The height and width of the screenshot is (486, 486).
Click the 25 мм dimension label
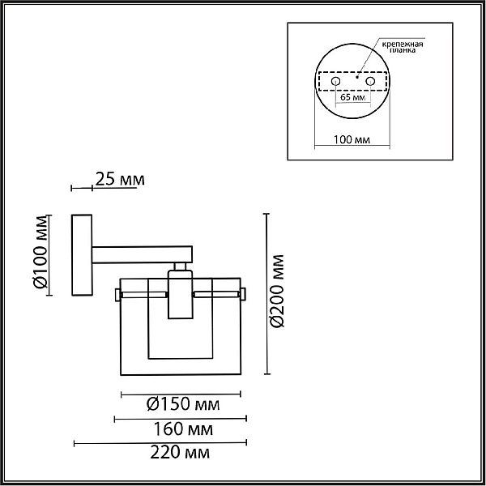coord(120,179)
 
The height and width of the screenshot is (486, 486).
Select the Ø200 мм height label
coord(277,291)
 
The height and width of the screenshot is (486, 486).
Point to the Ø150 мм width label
coord(183,404)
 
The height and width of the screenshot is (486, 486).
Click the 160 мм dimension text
coord(184,429)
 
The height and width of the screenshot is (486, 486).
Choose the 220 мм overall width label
coord(180,453)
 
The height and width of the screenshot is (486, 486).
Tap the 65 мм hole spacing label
coord(353,97)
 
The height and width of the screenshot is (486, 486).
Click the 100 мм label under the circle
coord(352,139)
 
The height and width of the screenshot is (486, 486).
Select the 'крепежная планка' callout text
coord(403,46)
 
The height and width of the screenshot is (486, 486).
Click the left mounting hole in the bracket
coord(335,82)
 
